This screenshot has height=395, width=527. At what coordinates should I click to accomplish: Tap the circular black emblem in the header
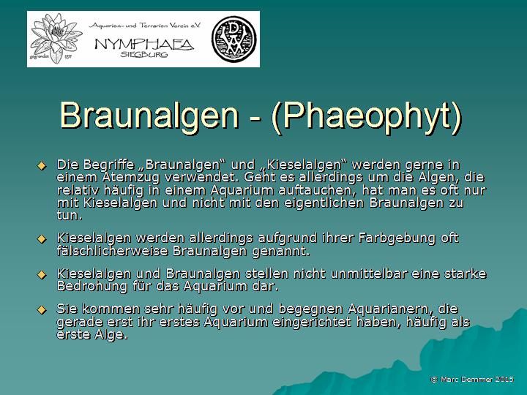[234, 39]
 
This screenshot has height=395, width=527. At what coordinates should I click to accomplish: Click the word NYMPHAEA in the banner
[144, 44]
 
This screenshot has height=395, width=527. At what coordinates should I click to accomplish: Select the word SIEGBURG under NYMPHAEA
[144, 54]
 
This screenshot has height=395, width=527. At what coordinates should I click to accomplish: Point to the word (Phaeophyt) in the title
[367, 115]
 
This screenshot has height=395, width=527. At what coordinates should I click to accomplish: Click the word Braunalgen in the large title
[149, 115]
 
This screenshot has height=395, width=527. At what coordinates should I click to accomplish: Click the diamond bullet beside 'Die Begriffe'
[42, 165]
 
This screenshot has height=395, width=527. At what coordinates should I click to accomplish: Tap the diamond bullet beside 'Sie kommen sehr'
[42, 309]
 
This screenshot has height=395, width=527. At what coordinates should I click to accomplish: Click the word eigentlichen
[324, 203]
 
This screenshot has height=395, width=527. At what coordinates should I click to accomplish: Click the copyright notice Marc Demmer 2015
[472, 379]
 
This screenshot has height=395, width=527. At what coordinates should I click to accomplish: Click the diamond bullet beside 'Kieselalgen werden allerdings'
[42, 238]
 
